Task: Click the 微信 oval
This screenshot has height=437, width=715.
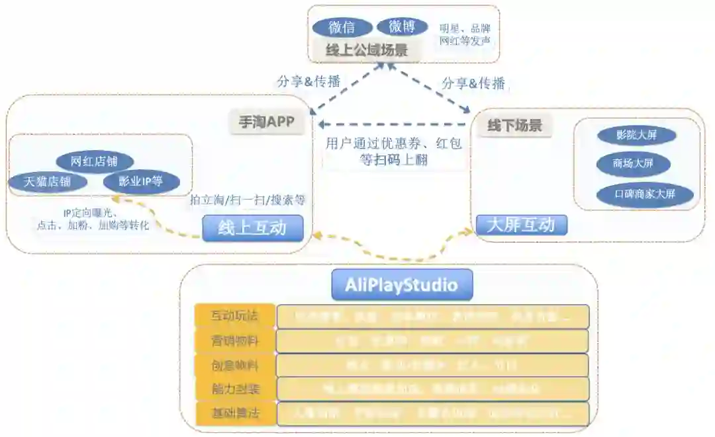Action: tap(342, 27)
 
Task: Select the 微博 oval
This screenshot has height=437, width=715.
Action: tap(402, 26)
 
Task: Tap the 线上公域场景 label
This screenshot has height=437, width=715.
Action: tap(366, 50)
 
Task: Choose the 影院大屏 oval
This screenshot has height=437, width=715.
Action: tap(636, 135)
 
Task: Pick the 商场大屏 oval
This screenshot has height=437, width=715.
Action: tap(634, 163)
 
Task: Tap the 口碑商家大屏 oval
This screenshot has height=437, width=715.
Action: tap(645, 194)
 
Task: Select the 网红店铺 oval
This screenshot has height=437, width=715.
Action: tap(94, 161)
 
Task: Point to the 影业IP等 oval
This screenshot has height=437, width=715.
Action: tap(140, 181)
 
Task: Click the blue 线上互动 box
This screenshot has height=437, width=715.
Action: tap(252, 228)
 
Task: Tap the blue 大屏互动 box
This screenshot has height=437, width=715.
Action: tap(521, 225)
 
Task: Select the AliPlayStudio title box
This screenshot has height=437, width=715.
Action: tap(402, 285)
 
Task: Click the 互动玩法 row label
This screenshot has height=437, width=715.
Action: tap(234, 316)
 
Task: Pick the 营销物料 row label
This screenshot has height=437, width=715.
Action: tap(234, 340)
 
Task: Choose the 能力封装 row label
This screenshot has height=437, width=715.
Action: tap(234, 389)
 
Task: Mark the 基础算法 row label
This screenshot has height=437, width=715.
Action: tap(234, 414)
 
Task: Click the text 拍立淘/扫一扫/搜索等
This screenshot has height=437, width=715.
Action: tap(248, 200)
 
